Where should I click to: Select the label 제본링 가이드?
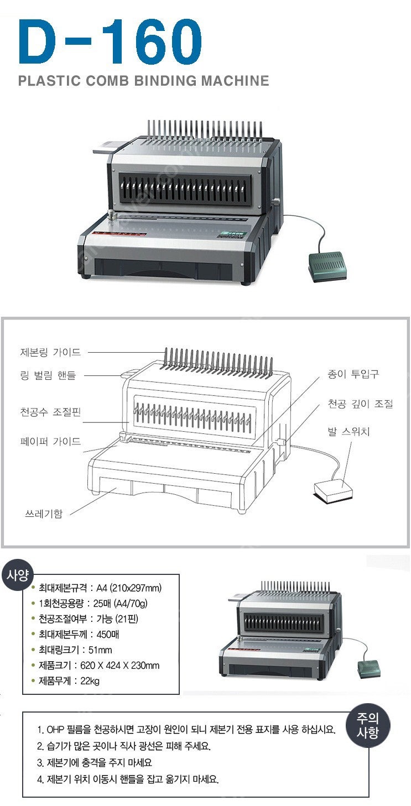pos(50,352)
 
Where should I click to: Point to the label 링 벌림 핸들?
pos(48,375)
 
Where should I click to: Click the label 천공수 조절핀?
pos(50,412)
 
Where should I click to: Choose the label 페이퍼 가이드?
pos(50,441)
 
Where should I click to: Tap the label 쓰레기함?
pos(44,514)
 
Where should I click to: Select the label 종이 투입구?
pos(353,374)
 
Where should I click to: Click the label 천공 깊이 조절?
pos(360,404)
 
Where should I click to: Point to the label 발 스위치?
pos(348,431)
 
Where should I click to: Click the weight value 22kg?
pos(90,681)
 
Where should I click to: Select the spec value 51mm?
pos(100,650)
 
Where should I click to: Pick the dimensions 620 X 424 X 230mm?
pos(120,666)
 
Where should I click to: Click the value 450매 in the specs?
pos(108,634)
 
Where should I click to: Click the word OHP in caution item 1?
pos(55,729)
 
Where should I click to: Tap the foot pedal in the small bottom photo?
pos(368,668)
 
